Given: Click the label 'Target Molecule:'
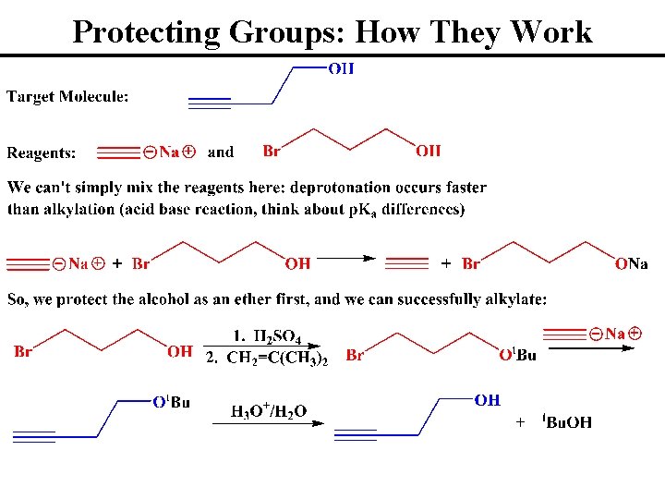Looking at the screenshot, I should (68, 96).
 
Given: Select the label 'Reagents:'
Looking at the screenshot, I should (42, 153).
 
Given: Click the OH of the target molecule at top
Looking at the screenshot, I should (341, 68).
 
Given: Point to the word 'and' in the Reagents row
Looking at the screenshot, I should (221, 152).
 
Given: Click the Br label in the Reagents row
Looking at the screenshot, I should (272, 151).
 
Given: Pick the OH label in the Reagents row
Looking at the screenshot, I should (428, 151).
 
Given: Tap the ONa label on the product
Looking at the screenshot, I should (632, 264).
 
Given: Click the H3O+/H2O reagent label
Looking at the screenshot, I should (269, 411).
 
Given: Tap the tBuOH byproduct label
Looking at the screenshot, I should (567, 422).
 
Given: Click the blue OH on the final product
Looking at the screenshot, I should (487, 400).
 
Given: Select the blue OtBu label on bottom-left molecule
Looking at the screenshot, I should (171, 402).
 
